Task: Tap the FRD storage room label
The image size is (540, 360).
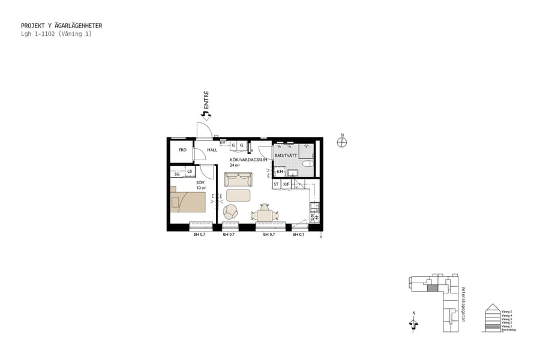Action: tap(182, 150)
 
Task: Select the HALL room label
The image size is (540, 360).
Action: tap(212, 150)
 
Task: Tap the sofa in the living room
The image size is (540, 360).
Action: tap(239, 179)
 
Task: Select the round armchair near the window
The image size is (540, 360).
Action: tap(230, 212)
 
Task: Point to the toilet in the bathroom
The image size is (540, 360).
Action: tap(306, 163)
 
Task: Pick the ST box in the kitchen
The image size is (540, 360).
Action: tap(276, 185)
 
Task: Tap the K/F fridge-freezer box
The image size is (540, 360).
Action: tap(286, 185)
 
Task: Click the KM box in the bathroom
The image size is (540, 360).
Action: tap(279, 172)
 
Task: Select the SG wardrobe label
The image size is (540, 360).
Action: tap(177, 174)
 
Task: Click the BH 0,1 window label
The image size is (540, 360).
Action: tap(298, 235)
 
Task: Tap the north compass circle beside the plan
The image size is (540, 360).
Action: tap(342, 142)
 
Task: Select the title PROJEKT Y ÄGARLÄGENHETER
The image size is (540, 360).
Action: tap(61, 26)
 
